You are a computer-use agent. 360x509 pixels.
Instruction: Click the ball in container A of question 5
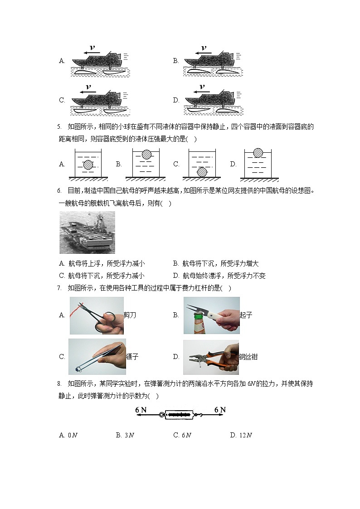pyautogui.click(x=88, y=165)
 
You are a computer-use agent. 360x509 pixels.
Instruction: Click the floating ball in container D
pyautogui.click(x=258, y=153)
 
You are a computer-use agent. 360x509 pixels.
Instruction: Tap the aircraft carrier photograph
pyautogui.click(x=87, y=232)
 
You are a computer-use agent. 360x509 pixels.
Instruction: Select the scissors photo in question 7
pyautogui.click(x=96, y=315)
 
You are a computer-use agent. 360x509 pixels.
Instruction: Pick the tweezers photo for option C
pyautogui.click(x=97, y=357)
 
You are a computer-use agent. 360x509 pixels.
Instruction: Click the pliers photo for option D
pyautogui.click(x=210, y=357)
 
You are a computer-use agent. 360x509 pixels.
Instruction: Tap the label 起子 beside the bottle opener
pyautogui.click(x=246, y=315)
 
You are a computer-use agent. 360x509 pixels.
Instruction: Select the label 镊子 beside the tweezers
pyautogui.click(x=132, y=357)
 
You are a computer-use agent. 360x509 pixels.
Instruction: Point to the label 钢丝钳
pyautogui.click(x=248, y=357)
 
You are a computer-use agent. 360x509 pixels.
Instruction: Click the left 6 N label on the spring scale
pyautogui.click(x=141, y=410)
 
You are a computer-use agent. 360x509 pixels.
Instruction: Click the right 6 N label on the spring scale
pyautogui.click(x=220, y=410)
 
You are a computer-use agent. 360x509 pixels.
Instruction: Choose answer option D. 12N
pyautogui.click(x=241, y=436)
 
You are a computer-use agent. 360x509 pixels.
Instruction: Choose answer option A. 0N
pyautogui.click(x=68, y=436)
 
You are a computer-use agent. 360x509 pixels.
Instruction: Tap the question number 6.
pyautogui.click(x=59, y=191)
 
